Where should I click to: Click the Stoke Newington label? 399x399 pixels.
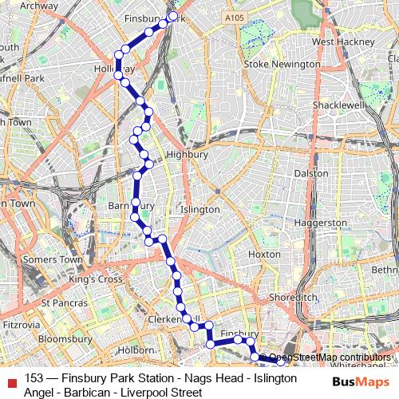pos(282,64)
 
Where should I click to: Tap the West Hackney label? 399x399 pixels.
pos(344,41)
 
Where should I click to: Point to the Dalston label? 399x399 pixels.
pos(311,173)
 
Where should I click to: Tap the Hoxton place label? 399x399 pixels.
pos(264,254)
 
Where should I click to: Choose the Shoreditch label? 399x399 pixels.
pos(294,296)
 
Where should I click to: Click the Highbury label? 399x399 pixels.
pos(187,155)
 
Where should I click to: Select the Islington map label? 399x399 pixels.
pos(200,210)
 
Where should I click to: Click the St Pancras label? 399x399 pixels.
pos(64,303)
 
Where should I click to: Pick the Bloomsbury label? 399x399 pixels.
pos(65,339)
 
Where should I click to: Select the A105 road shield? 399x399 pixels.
pos(234,18)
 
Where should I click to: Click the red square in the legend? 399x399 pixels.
pos(11,379)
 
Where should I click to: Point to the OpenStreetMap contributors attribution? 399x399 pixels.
pos(330,358)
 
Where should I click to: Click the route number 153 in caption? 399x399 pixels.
pos(34,378)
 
